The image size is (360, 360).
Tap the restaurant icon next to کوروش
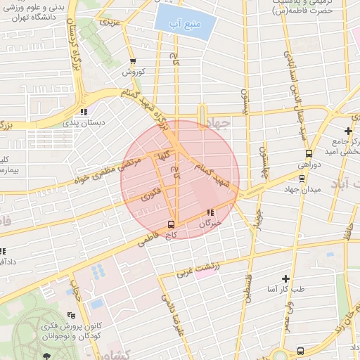point(134,62)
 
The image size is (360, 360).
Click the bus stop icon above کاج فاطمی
point(169,224)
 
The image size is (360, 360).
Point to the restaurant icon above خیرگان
point(210,212)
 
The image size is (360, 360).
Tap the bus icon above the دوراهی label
point(308,153)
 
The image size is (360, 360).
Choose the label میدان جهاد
point(302,190)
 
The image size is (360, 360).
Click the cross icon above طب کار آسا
point(285,278)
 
